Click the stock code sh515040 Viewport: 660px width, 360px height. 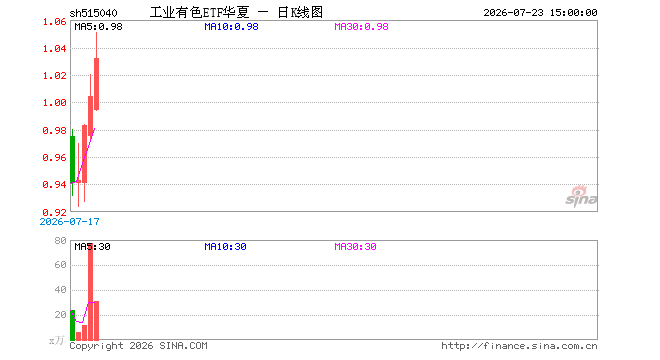point(93,13)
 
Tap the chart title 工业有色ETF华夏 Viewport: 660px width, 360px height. point(200,12)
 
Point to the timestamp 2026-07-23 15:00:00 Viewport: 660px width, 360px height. point(540,13)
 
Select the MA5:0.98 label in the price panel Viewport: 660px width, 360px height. point(98,27)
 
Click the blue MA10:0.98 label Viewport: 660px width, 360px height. point(232,27)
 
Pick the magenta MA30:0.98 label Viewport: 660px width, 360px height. point(361,27)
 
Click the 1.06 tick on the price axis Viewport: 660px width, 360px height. point(55,21)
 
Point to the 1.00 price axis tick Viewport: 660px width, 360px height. point(55,103)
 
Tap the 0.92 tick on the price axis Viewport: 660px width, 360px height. point(55,212)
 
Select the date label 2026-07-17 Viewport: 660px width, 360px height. point(69,221)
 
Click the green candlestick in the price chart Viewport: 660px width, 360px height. point(72,163)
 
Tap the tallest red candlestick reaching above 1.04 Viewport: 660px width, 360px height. point(96,71)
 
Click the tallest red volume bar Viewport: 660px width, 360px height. point(90,292)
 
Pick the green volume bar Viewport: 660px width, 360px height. point(72,325)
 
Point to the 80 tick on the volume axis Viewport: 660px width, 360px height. point(61,241)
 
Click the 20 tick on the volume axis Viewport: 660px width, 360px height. point(61,315)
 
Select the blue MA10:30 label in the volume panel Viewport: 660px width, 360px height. point(225,247)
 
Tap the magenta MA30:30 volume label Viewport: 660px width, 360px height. point(355,247)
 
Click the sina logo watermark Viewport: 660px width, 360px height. point(581,196)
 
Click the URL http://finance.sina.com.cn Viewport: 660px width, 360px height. point(519,346)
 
